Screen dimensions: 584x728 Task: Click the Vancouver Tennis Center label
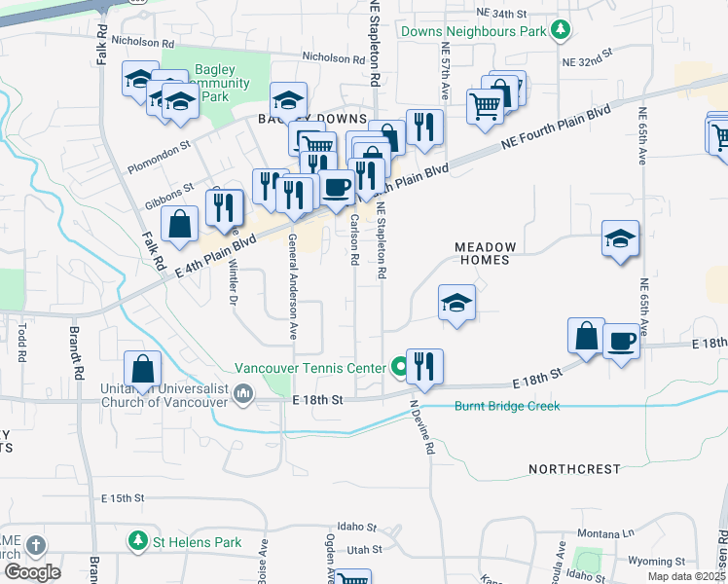[x=311, y=368]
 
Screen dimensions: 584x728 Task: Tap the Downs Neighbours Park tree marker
[x=561, y=31]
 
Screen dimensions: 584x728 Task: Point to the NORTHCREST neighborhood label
[x=574, y=469]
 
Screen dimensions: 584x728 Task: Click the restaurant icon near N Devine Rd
[x=424, y=366]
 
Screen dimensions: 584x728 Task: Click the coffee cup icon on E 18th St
[x=621, y=341]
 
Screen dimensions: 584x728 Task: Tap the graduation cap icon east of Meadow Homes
[x=620, y=238]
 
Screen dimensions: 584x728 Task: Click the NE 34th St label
[x=501, y=14]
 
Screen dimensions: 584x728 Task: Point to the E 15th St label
[x=123, y=498]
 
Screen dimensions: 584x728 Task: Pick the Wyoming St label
[x=657, y=562]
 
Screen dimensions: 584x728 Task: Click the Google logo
[x=32, y=571]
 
